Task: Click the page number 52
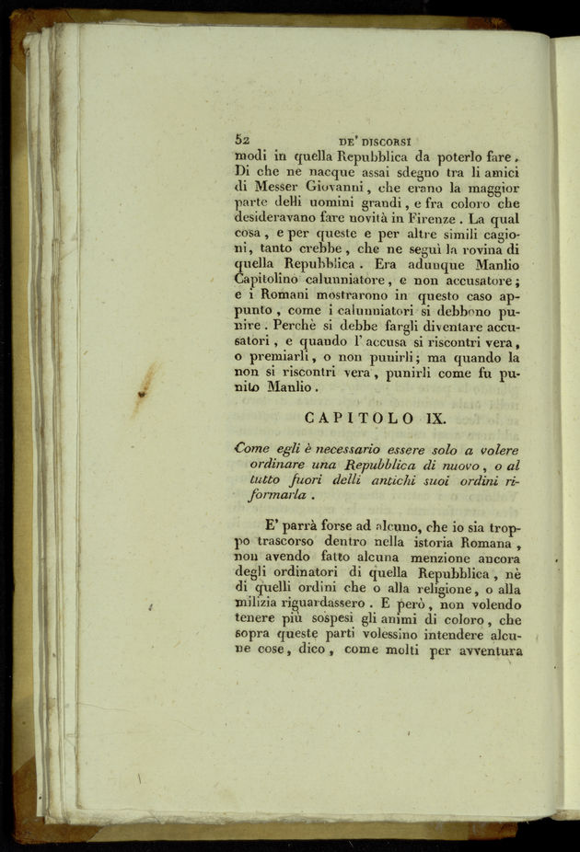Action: pyautogui.click(x=243, y=141)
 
